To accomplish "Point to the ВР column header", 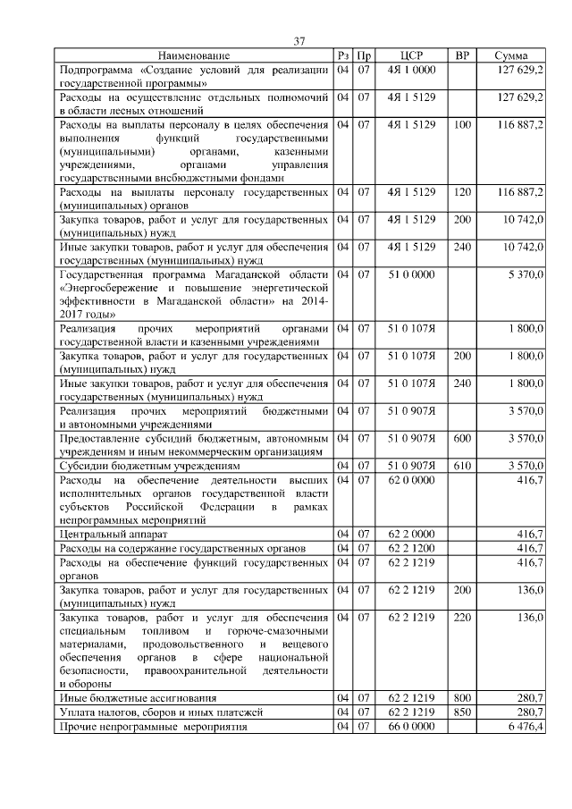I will pos(462,55).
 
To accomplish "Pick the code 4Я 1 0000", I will pos(411,69).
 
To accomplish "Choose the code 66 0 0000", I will pos(411,727).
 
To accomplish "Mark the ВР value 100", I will pos(462,124).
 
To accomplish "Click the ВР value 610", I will pos(462,465).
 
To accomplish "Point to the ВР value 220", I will pos(462,617).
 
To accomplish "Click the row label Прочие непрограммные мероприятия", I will pos(153,727).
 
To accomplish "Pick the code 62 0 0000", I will pos(411,480).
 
